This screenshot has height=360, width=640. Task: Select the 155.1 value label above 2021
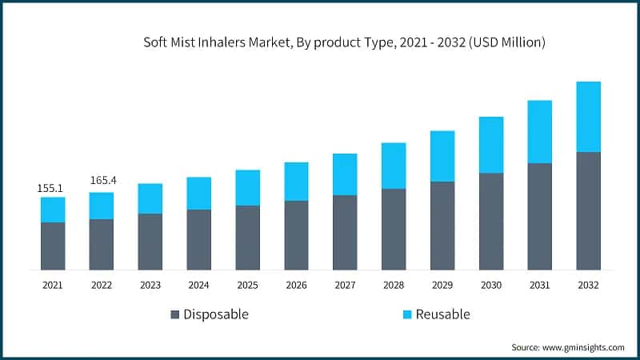point(52,188)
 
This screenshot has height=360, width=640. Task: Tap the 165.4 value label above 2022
point(102,180)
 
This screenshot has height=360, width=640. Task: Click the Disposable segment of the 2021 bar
point(53,246)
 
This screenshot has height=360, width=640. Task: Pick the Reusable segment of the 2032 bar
point(588,117)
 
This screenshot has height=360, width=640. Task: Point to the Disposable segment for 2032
point(588,210)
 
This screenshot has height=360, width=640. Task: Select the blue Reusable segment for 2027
point(345,174)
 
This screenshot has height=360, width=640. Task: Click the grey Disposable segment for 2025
point(247,238)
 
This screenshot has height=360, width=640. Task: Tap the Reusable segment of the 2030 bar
point(490,145)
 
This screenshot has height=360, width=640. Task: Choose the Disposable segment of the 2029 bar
point(442,226)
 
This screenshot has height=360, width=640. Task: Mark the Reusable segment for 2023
point(150,198)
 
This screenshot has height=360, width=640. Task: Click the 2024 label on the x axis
point(198,285)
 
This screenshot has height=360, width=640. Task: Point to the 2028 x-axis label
point(393,285)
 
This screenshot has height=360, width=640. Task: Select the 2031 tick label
point(539,285)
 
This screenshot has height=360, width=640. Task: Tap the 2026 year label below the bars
point(296,285)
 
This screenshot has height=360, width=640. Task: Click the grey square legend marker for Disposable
point(175,314)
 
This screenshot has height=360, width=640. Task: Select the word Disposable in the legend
point(216,314)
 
